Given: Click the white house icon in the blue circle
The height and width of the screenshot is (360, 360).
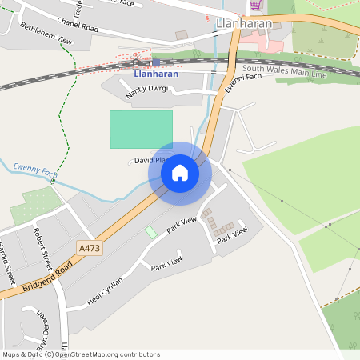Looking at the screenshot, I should point(180,172).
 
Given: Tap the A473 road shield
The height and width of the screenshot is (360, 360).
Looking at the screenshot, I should point(90,249).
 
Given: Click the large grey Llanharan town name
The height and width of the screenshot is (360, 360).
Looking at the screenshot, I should point(244,24).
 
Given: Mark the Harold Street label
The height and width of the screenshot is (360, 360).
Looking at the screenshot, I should point(7,263).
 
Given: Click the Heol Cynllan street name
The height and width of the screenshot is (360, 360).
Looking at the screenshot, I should point(106,293).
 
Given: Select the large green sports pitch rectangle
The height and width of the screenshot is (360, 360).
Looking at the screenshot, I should point(141,128).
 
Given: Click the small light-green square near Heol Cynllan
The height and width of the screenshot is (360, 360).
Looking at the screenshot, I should point(150,231).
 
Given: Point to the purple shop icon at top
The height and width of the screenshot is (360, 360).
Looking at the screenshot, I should point(255,5).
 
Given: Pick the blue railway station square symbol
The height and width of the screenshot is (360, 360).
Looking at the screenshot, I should point(156,62).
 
